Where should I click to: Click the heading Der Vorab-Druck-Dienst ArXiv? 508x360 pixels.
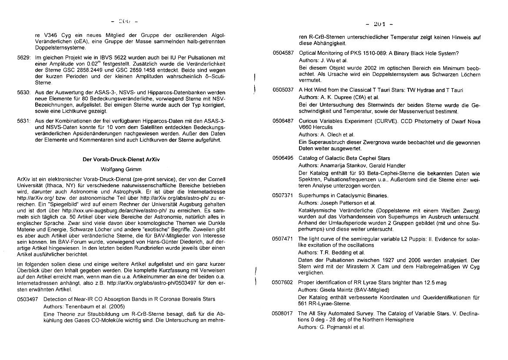pos(121,159)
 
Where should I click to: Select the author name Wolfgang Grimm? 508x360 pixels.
pos(121,169)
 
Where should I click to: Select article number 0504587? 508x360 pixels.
pos(283,53)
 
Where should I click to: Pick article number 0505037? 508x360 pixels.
pos(283,90)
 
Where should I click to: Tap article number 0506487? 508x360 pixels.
pos(283,121)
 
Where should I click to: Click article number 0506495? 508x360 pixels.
pos(283,158)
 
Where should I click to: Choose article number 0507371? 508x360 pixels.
pos(283,195)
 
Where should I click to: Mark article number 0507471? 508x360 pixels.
pos(283,239)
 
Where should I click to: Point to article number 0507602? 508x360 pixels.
pos(283,283)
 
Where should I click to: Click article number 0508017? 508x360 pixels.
pos(283,313)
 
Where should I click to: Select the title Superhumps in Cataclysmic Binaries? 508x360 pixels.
pos(337,195)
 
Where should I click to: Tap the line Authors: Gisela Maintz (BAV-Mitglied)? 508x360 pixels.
pos(344,290)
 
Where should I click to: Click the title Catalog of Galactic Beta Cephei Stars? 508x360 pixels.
pos(338,158)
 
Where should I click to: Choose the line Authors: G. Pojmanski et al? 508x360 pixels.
pos(331,327)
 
